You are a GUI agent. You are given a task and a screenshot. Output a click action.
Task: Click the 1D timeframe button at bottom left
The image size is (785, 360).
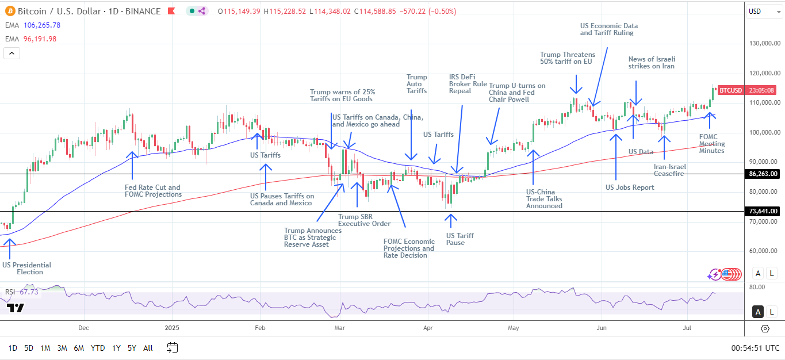(13, 348)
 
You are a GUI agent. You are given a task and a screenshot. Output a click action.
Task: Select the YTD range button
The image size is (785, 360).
(98, 348)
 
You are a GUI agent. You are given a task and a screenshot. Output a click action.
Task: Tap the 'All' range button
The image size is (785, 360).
(148, 348)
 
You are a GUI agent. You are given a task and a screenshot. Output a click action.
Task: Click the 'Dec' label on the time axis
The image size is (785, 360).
(84, 328)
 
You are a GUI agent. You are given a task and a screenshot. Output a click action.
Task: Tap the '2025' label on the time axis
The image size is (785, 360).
(173, 328)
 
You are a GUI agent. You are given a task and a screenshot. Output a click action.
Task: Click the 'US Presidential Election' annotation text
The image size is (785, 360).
(26, 269)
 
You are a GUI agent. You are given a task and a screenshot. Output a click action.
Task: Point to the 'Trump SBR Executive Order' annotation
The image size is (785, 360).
(364, 220)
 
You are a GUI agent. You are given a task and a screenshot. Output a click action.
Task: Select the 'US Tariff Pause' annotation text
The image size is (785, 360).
(459, 239)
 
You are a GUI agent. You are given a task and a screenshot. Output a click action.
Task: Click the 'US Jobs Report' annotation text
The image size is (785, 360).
(630, 187)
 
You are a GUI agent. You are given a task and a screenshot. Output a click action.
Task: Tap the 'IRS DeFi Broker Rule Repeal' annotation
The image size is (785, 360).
(468, 84)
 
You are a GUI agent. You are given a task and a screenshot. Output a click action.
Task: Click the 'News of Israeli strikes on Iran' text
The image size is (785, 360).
(652, 63)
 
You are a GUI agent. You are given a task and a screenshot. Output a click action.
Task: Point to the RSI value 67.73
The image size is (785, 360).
(29, 292)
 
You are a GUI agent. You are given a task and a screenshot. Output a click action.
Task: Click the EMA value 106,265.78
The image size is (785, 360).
(40, 25)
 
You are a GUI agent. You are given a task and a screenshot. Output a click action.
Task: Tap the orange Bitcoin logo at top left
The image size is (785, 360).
(10, 11)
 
